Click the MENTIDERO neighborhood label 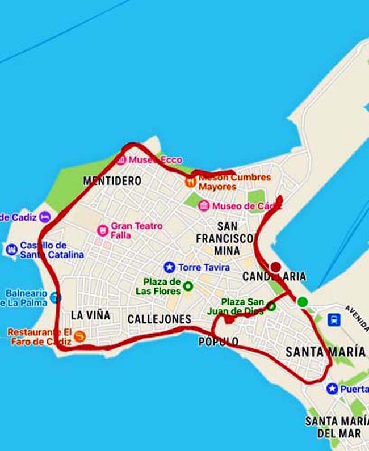(112, 181)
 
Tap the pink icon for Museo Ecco (120, 159)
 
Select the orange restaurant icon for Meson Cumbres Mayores (191, 182)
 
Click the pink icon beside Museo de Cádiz (204, 206)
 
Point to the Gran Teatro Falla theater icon (103, 230)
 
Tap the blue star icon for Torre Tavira (169, 267)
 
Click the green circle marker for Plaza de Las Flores (187, 286)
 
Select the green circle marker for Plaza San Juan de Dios (271, 306)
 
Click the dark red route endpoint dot (275, 267)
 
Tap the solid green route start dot (302, 302)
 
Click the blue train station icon (334, 319)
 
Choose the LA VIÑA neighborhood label (91, 315)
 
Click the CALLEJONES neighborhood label (159, 319)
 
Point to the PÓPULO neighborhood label (219, 342)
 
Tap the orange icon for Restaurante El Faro (79, 336)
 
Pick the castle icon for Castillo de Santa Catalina (11, 250)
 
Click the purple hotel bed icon (45, 217)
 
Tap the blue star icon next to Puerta (332, 389)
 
